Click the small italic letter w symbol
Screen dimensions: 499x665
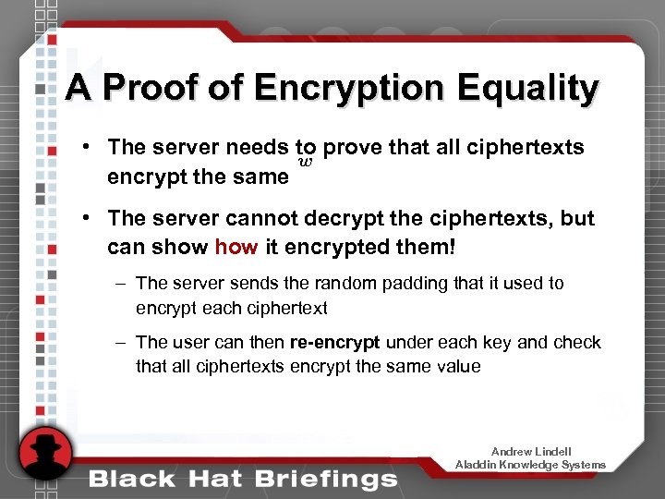tap(306, 164)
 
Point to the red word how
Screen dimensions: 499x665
tap(236, 248)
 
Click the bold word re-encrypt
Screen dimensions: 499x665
tap(334, 343)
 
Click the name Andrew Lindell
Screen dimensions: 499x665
tap(531, 452)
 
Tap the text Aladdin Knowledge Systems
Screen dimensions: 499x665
tap(531, 465)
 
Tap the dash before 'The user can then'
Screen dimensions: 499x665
tap(121, 343)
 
